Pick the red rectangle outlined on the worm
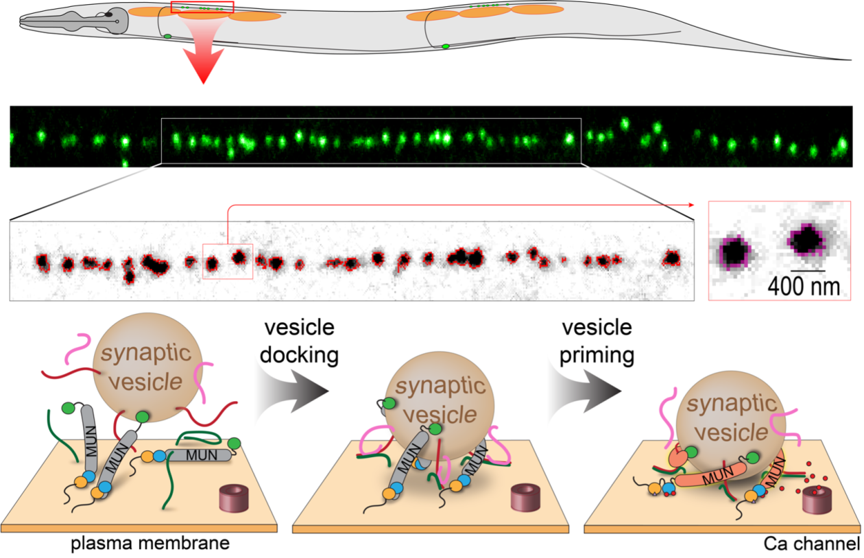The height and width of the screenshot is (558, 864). coord(202,8)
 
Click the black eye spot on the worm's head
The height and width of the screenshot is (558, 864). coord(109,14)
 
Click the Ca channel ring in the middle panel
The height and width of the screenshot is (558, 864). coord(521,496)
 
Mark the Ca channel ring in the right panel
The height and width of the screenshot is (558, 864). coord(817,503)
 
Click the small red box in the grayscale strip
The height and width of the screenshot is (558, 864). coord(228,261)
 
